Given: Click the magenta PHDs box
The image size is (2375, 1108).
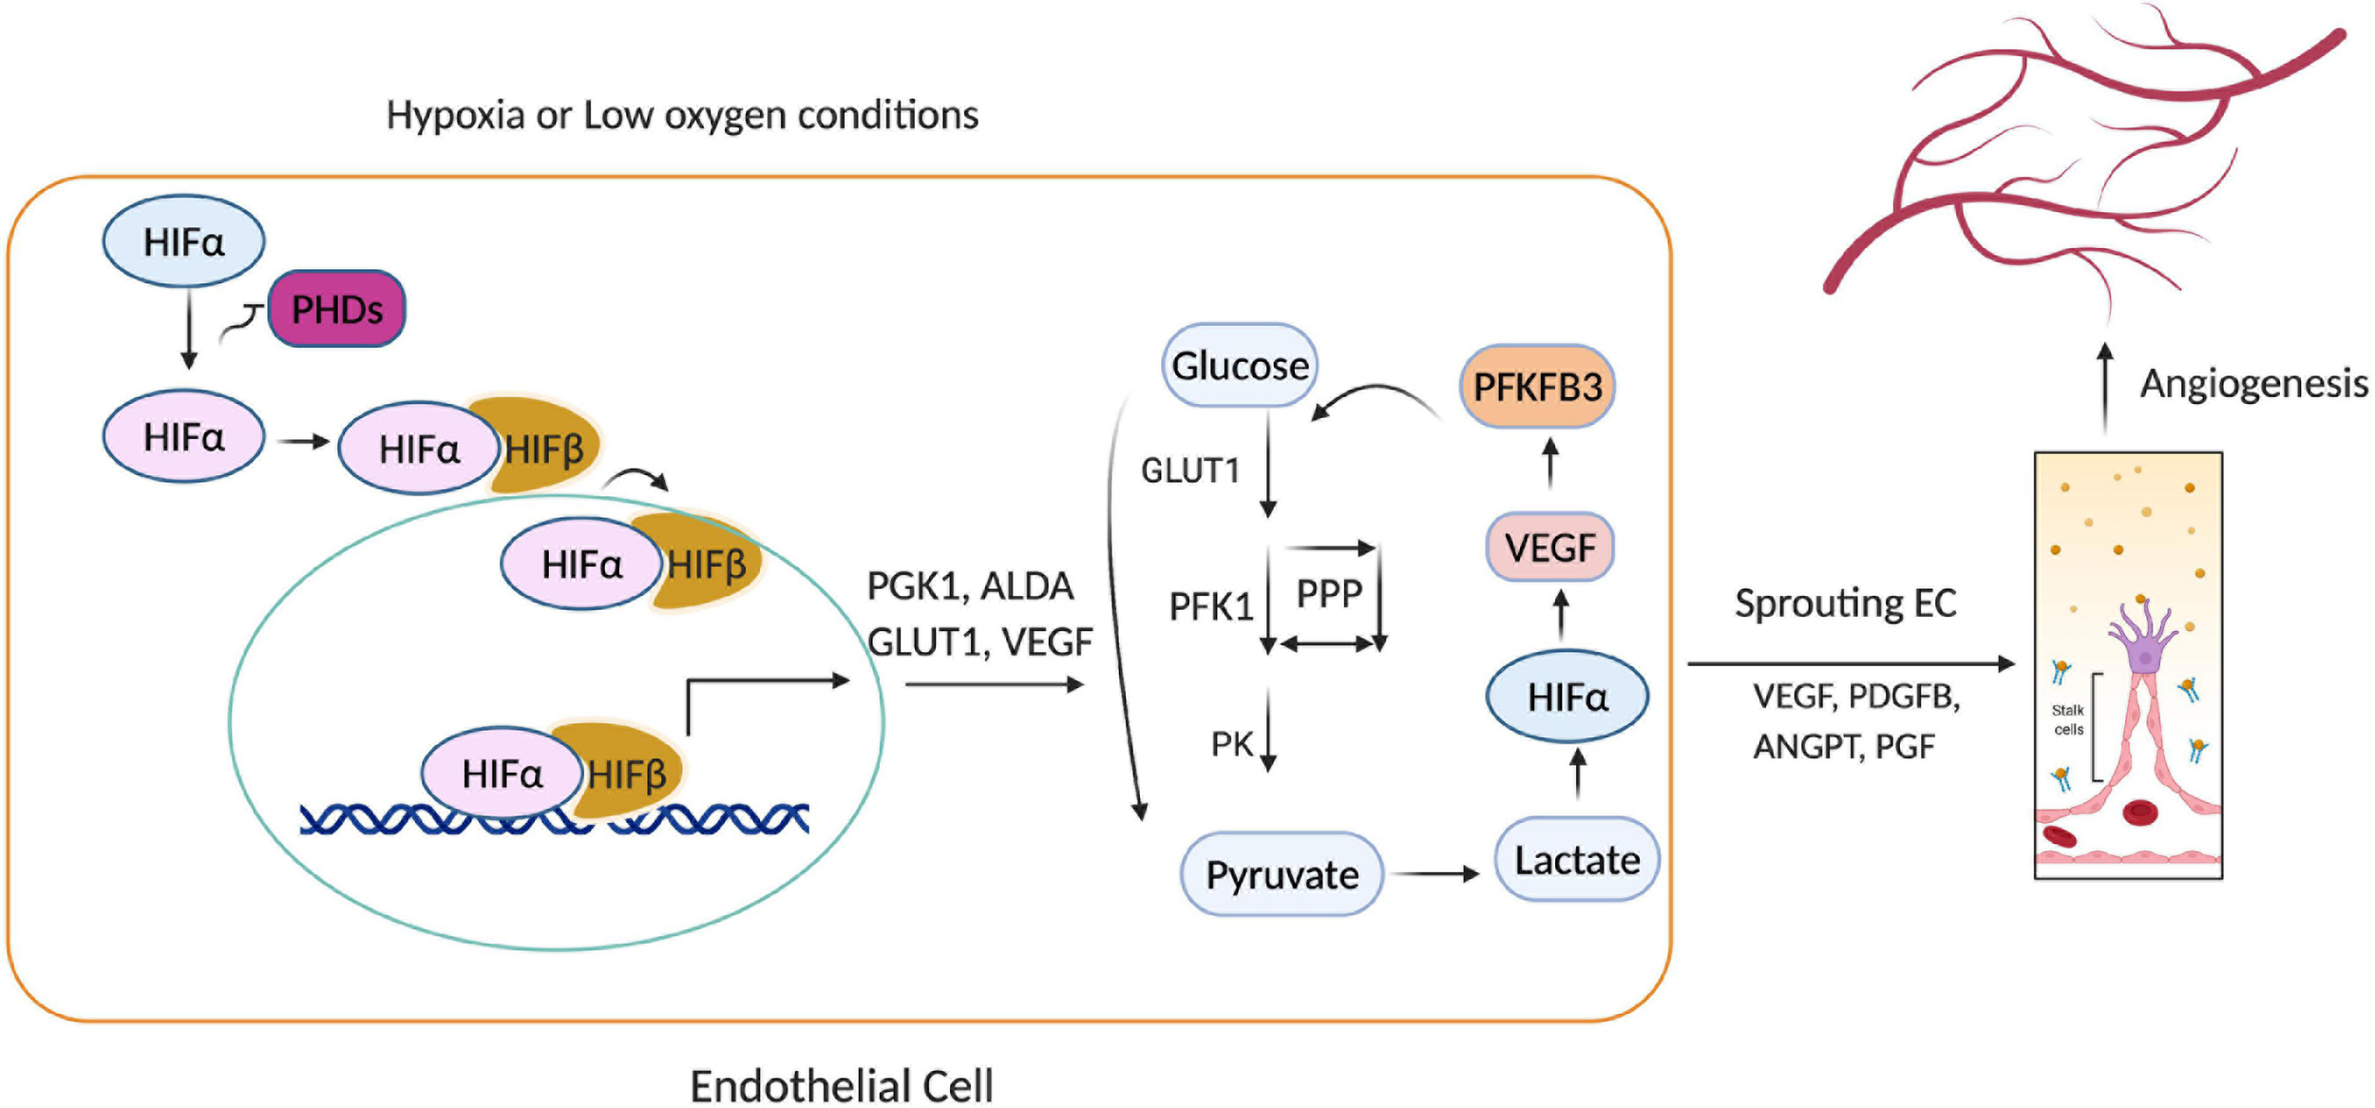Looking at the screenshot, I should pos(336,309).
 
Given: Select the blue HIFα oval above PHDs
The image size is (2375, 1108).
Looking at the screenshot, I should pos(183,241).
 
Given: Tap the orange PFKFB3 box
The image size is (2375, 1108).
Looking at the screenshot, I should pos(1536,387).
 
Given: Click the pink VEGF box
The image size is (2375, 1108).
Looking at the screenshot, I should pos(1549,547).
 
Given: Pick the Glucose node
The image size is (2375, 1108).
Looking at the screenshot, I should pos(1239,366).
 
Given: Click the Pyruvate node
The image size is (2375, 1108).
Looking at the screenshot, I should pos(1281,874).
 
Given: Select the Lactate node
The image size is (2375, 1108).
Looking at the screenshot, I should pos(1576,860).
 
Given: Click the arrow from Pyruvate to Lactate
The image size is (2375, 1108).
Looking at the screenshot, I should pos(1435,873).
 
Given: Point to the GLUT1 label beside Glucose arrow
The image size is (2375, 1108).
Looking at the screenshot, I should pos(1189,470).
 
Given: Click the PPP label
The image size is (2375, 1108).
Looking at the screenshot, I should pos(1329,594).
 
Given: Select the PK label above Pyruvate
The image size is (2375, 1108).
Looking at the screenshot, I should pos(1231,744).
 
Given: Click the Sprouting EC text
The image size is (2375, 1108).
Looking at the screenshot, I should pos(1845,603).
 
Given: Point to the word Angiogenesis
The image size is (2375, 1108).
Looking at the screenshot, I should pos(2252,384).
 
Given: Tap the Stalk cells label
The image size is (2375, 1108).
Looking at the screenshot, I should pos(2067,719).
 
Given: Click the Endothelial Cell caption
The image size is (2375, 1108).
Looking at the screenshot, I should pos(841,1085).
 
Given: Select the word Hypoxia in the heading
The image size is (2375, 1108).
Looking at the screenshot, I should pos(455,115).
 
